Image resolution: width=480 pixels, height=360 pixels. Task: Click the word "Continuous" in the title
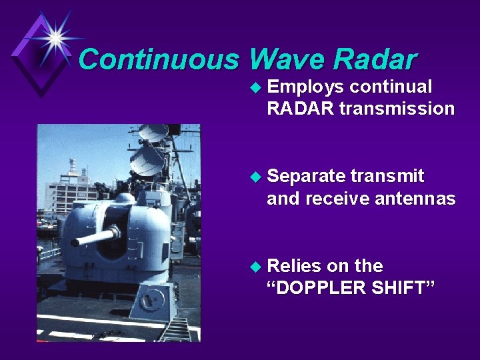159,60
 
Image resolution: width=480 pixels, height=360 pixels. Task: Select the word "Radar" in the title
375,60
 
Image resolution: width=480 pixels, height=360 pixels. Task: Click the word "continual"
391,87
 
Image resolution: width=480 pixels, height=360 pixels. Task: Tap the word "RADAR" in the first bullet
300,109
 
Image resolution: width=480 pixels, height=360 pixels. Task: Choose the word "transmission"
397,109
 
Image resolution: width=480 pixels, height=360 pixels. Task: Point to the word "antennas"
416,198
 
